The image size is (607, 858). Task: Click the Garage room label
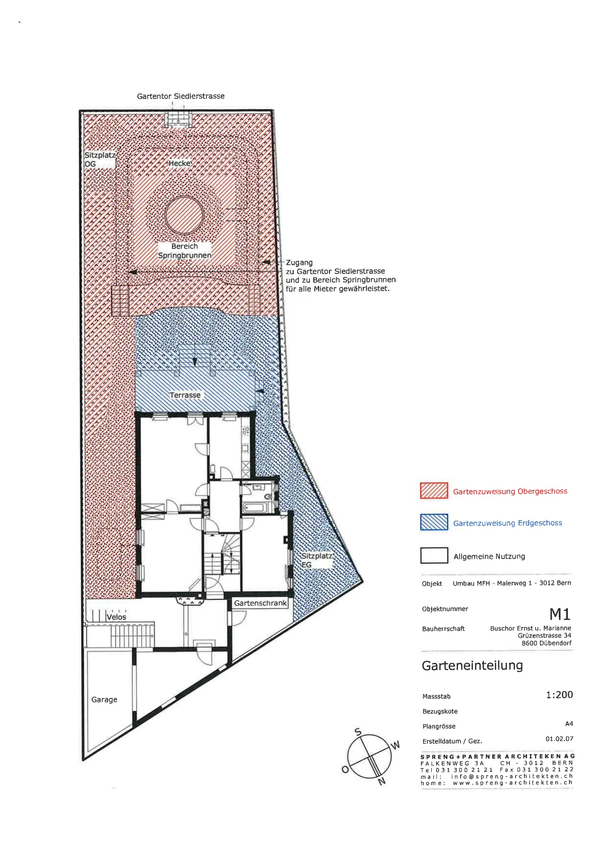point(104,700)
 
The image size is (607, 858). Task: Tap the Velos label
point(117,617)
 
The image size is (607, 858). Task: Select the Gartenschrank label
point(260,603)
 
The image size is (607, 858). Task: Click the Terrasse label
point(185,395)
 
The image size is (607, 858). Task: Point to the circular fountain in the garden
point(184,215)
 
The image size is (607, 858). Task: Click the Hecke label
point(180,163)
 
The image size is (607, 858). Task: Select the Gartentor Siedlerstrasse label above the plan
point(181,96)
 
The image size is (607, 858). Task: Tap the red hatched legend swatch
point(434,490)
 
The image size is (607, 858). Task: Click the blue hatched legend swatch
point(434,522)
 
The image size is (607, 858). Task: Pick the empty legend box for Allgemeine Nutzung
point(434,556)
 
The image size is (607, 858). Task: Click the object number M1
point(560,614)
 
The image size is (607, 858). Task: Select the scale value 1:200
point(559,695)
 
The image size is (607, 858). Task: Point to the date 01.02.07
point(560,739)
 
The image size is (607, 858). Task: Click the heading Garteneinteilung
point(472,666)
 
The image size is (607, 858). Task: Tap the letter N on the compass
point(382,782)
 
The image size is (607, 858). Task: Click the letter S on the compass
point(358,732)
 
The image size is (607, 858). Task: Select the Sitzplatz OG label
point(100,160)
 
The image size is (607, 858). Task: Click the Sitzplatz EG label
point(317,560)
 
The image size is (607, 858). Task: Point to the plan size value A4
point(569,724)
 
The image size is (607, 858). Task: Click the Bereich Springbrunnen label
point(185,251)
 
